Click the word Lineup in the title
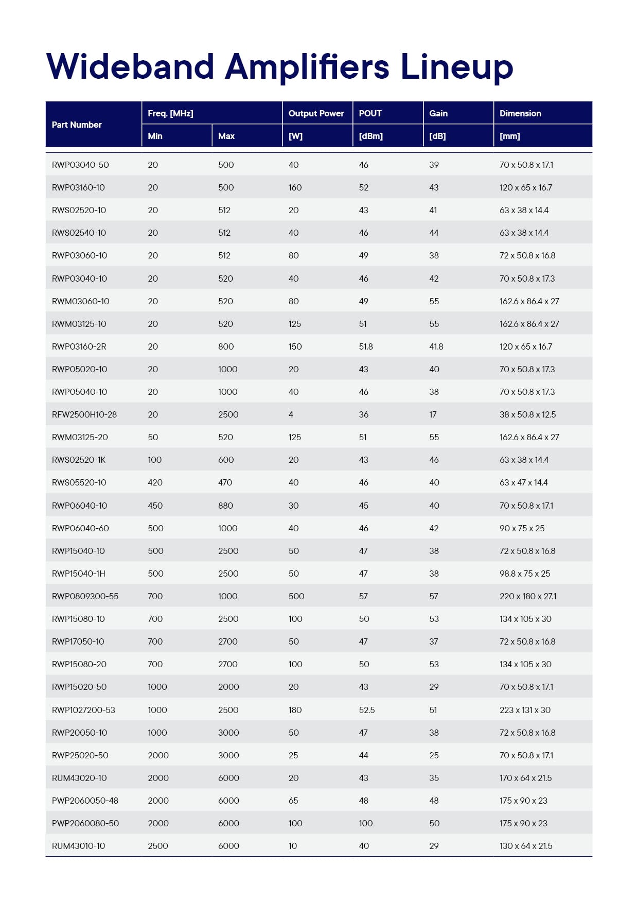click(456, 67)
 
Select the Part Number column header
click(77, 125)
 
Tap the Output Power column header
click(316, 113)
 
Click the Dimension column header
click(520, 113)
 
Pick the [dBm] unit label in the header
click(371, 136)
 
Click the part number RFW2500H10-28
click(84, 414)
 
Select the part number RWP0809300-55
click(85, 596)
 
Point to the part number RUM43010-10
click(78, 846)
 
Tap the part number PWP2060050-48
click(85, 801)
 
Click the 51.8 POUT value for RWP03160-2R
click(366, 346)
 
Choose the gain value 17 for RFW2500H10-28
click(433, 414)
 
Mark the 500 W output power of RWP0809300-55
click(296, 596)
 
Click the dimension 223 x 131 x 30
click(525, 710)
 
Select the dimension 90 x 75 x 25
click(522, 528)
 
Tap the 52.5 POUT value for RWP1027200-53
click(367, 710)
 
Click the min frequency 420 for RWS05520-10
click(155, 482)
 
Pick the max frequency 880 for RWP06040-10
click(225, 506)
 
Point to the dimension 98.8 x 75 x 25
click(525, 574)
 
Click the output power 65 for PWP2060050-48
click(293, 801)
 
